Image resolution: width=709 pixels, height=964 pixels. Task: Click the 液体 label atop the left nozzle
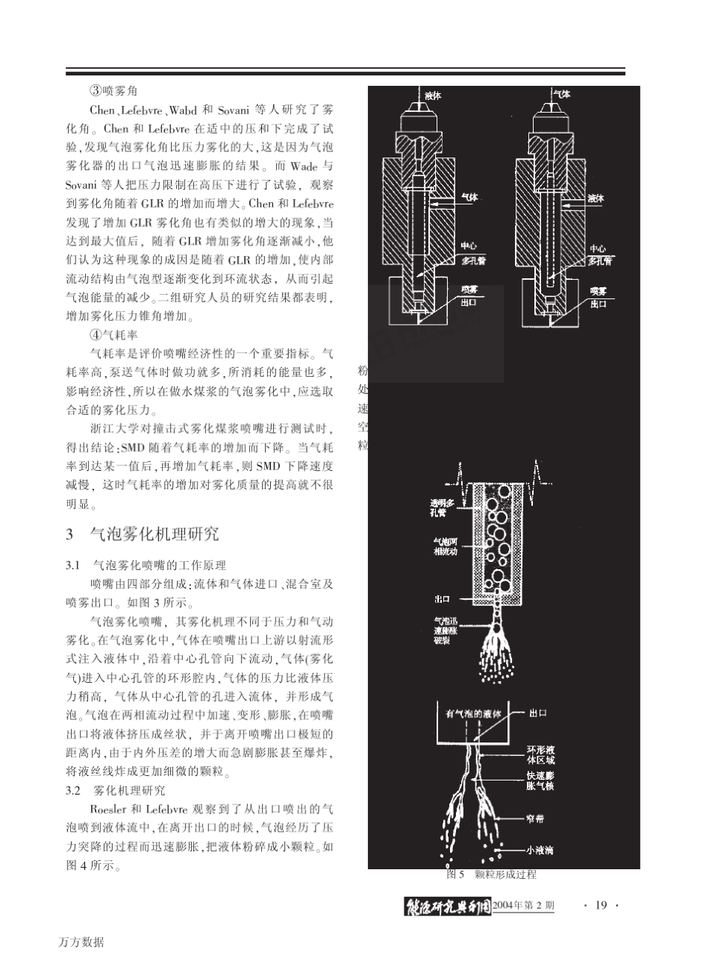click(433, 96)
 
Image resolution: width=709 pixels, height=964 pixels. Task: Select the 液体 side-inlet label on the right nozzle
click(596, 198)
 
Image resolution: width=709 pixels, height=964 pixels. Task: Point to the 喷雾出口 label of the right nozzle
click(599, 297)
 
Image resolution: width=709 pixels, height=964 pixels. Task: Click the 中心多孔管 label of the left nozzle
click(470, 255)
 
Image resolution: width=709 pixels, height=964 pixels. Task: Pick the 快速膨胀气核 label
click(540, 780)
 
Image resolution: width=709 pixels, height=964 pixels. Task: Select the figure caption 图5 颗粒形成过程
click(491, 874)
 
